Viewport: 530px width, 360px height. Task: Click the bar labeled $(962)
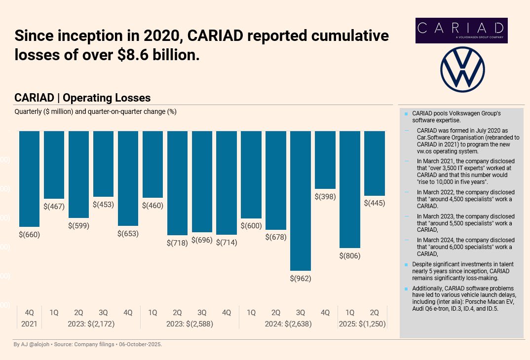point(301,200)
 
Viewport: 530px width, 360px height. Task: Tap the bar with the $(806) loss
point(350,189)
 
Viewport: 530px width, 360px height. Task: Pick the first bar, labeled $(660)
point(29,179)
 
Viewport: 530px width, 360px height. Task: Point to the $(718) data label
point(177,243)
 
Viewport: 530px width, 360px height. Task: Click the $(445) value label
point(375,203)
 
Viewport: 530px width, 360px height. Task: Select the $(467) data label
point(54,207)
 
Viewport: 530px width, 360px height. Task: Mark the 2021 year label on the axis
point(29,324)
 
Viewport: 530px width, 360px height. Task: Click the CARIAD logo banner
point(461,30)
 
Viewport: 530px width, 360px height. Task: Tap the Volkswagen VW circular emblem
point(463,70)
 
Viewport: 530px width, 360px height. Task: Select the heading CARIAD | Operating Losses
point(82,98)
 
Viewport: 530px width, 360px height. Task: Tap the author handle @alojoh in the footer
point(35,344)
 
